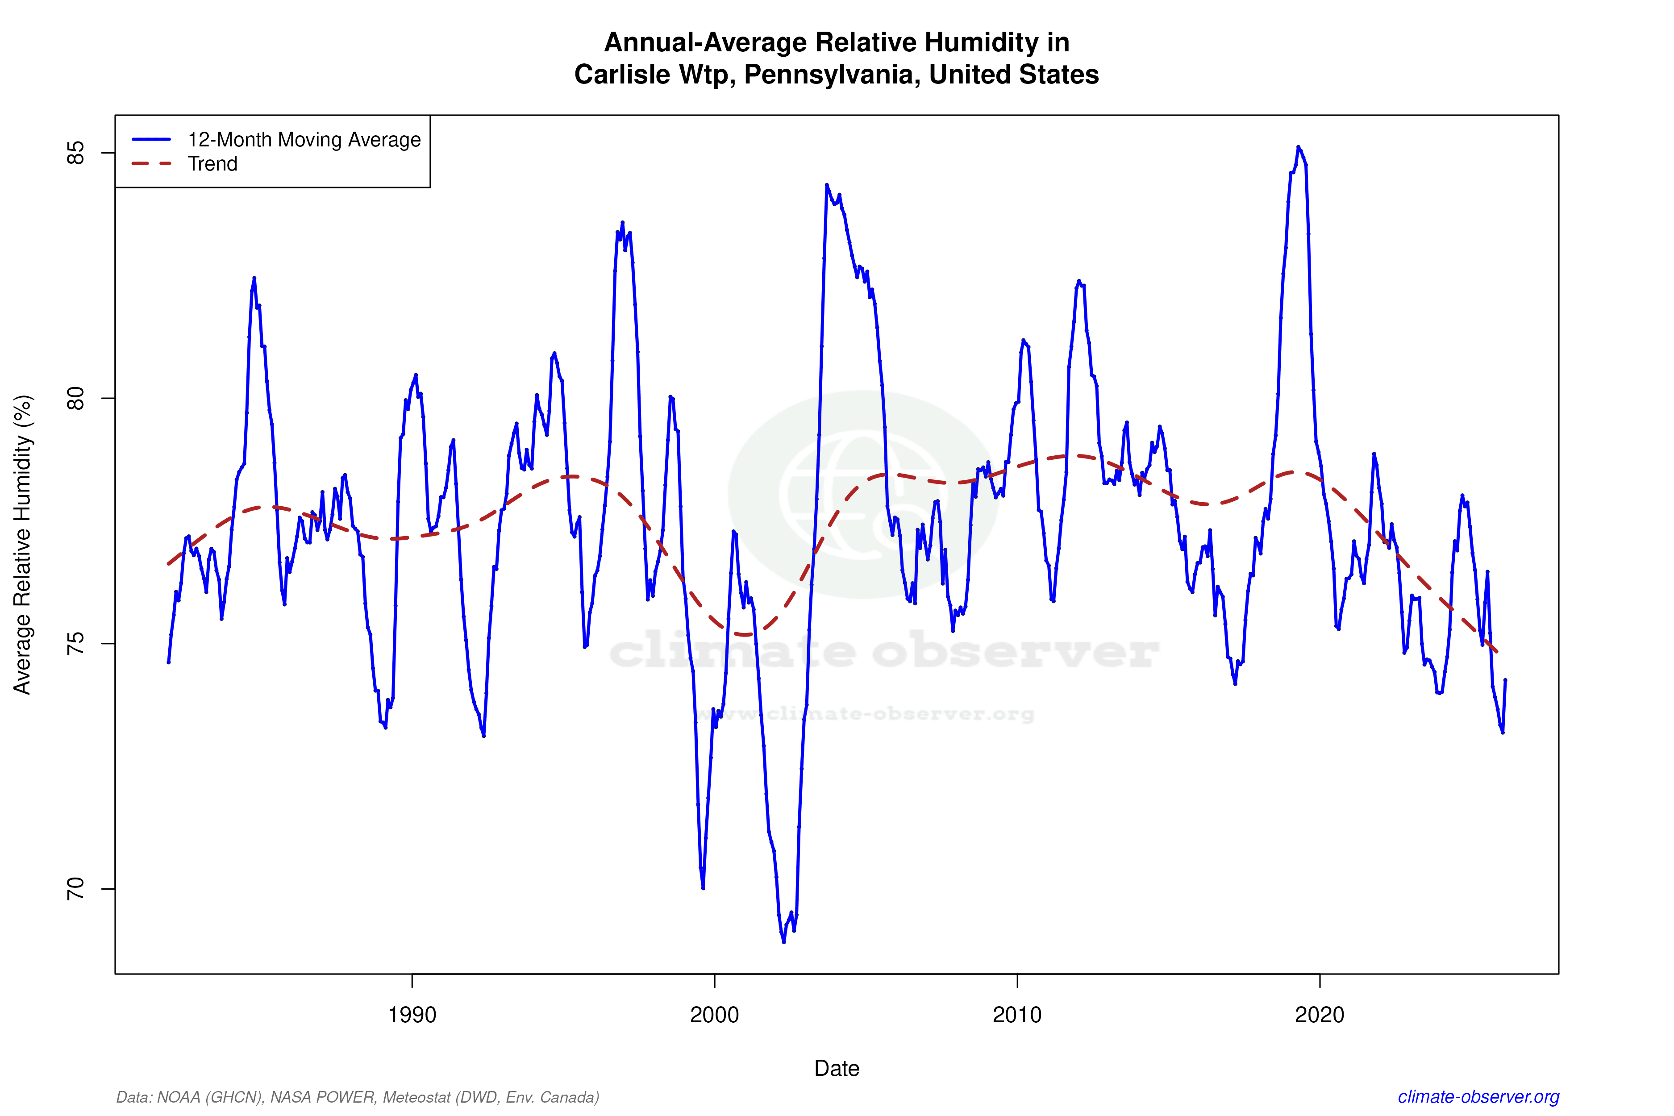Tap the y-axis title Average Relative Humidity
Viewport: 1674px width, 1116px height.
23,545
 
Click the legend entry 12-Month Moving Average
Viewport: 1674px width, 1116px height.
304,139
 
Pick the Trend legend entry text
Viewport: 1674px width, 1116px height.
212,164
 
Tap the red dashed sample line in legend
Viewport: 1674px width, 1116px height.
152,164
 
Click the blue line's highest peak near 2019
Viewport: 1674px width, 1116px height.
1298,147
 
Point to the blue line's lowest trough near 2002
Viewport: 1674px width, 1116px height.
783,941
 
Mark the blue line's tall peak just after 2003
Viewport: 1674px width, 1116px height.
826,185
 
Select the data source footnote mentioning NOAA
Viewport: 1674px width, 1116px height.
357,1097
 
